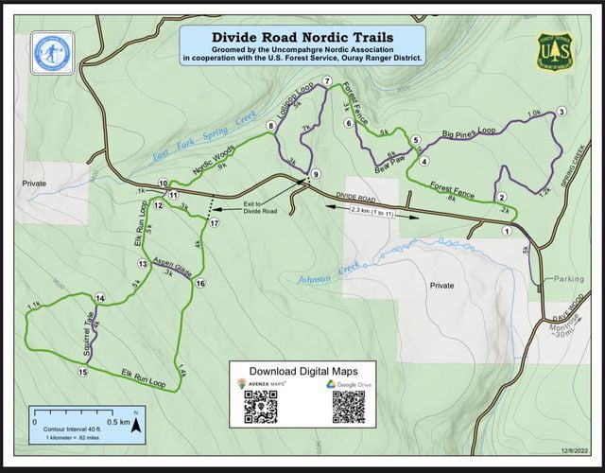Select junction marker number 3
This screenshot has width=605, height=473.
pos(562,112)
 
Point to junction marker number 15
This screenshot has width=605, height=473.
pos(83,373)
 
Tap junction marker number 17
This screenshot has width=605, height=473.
pos(215,223)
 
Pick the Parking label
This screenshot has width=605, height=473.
pos(569,280)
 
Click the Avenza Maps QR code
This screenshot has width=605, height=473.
pos(260,406)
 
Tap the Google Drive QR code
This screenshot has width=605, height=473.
pos(347,406)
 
